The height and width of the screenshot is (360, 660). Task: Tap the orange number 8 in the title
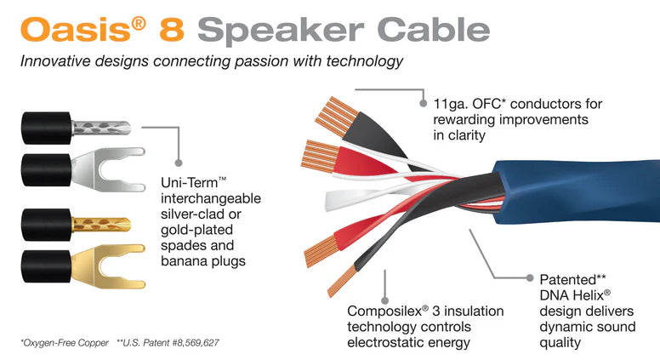coord(172,29)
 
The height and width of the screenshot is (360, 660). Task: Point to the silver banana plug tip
coord(101,128)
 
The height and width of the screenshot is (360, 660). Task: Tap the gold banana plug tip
coord(101,225)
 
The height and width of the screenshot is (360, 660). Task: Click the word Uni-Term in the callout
coord(190,183)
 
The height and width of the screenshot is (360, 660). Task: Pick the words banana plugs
coord(203,261)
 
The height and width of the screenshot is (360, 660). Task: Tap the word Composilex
coord(384,311)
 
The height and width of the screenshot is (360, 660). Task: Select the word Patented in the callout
coord(568,280)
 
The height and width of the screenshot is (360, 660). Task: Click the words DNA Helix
coord(572,295)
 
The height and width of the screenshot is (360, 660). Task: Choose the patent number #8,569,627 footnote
coord(196,343)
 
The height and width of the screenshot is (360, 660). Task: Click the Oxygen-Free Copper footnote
coord(65,343)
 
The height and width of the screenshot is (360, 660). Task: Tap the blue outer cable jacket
coord(577,191)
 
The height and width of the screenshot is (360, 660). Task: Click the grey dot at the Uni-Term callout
coord(179,163)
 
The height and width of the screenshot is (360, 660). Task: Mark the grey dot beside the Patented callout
coord(530,277)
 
